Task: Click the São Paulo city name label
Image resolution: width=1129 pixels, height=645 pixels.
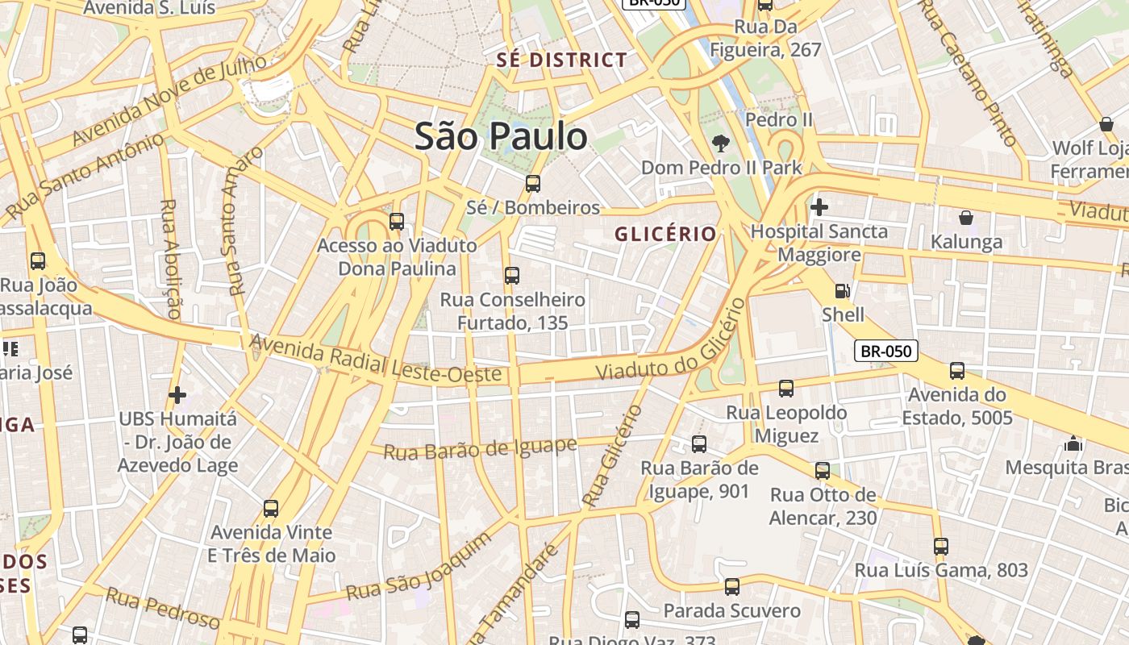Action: coord(501,136)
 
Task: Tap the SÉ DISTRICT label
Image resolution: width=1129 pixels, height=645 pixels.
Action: coord(562,60)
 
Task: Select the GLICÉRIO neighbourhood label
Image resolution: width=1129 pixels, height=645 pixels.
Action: coord(665,234)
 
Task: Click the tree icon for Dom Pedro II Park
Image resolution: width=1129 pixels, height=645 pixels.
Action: coord(720,144)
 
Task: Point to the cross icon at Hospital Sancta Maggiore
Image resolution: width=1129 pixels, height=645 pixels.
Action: coord(819,207)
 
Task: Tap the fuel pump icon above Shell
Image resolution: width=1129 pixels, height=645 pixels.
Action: coord(842,291)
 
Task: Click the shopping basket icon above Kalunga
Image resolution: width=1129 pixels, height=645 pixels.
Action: coord(965,218)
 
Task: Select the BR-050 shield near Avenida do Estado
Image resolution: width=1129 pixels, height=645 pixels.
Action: coord(885,351)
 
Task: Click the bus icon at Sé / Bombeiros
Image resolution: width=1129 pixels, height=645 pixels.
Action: coord(533,184)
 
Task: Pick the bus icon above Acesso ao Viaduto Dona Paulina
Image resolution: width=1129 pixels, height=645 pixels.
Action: coord(396,222)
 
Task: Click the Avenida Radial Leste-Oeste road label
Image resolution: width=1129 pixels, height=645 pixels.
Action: coord(376,360)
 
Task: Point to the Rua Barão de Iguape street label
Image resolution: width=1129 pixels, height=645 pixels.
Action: coord(480,448)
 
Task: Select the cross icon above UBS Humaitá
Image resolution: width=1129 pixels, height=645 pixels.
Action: coord(177,395)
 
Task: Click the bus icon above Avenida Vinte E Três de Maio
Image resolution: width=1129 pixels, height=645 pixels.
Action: coord(271,509)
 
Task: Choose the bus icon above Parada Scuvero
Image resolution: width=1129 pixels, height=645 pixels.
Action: coord(731,587)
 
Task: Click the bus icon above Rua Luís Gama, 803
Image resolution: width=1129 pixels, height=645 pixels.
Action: coord(940,547)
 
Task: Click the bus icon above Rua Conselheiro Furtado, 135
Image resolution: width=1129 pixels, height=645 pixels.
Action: coord(511,276)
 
